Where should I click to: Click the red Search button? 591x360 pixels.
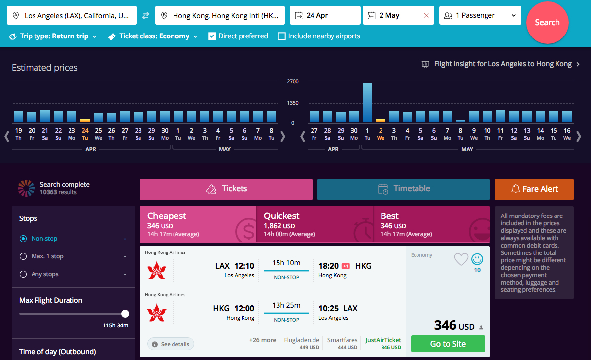tap(547, 23)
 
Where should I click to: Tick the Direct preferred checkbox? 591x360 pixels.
tap(212, 36)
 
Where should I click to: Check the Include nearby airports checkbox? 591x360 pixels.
tap(282, 36)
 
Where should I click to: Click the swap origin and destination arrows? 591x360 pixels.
tap(146, 16)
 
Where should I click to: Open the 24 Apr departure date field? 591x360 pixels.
tap(325, 15)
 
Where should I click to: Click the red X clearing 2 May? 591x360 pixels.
tap(426, 16)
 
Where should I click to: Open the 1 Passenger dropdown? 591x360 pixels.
tap(480, 15)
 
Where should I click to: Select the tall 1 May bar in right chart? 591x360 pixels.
tap(367, 103)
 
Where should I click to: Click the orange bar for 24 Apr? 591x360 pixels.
tap(85, 120)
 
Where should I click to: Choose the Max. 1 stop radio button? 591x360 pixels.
tap(23, 256)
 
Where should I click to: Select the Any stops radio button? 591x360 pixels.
tap(23, 274)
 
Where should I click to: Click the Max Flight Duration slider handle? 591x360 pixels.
tap(125, 314)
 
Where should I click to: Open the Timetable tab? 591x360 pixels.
tap(404, 189)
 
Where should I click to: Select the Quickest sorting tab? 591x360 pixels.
tap(314, 224)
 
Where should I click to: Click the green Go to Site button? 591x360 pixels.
tap(448, 344)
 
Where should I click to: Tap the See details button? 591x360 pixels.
tap(171, 344)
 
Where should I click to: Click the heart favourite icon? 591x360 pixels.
tap(461, 259)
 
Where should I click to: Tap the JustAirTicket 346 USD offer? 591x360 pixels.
tap(383, 343)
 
